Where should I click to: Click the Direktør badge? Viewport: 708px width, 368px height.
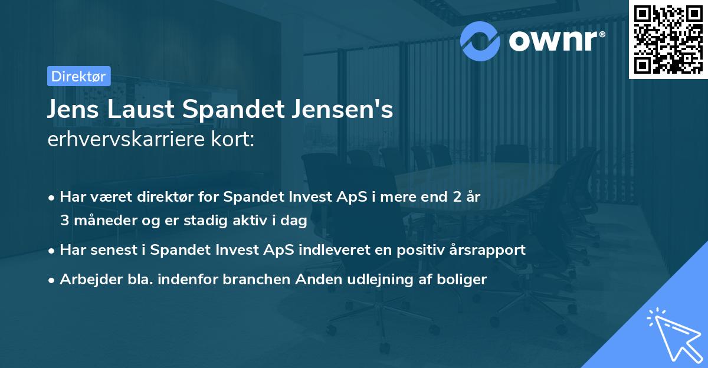(78, 76)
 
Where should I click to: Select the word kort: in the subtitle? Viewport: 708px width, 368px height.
(237, 140)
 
